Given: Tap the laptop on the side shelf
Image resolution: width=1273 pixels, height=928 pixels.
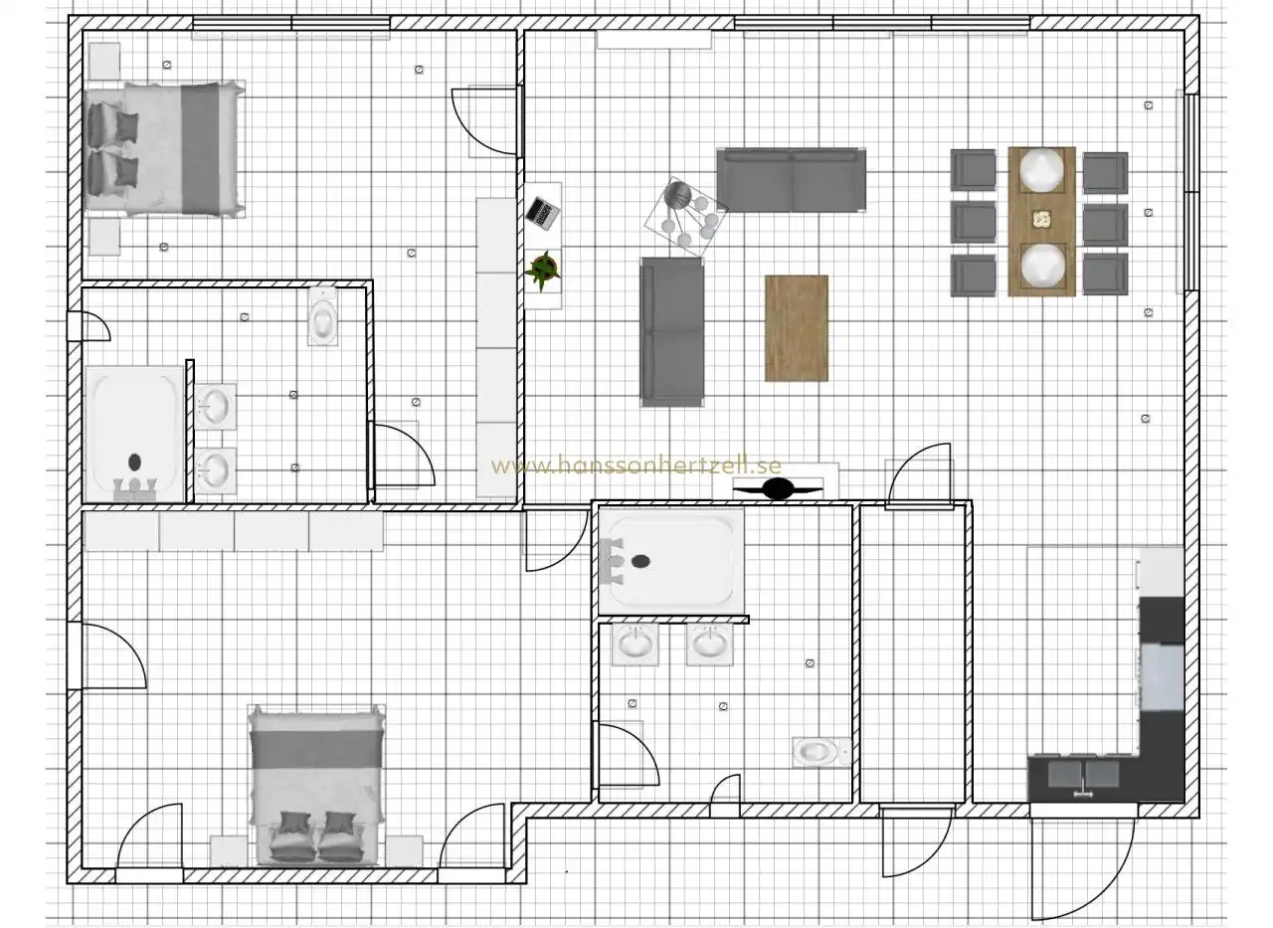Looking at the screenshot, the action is click(542, 213).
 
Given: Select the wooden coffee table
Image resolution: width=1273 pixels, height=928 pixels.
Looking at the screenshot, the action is click(797, 328).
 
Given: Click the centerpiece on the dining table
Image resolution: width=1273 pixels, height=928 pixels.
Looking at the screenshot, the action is click(1041, 220).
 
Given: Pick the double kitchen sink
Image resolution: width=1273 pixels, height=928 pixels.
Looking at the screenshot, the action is click(1083, 775).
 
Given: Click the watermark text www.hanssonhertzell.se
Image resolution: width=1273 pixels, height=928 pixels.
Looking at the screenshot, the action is click(636, 465).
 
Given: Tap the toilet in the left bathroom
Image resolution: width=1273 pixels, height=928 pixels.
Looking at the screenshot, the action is click(323, 316).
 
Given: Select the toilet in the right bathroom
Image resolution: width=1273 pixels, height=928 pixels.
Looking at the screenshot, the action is click(820, 752).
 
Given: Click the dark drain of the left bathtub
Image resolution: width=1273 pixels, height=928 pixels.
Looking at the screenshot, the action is click(134, 463).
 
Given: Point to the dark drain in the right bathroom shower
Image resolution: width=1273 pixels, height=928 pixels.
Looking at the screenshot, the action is click(640, 561).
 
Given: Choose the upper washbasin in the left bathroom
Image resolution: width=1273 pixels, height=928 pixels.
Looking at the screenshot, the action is click(216, 407).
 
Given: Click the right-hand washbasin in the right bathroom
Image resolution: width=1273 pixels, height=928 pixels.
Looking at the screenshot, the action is click(709, 644).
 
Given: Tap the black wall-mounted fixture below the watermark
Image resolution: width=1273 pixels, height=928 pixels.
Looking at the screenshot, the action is click(778, 488).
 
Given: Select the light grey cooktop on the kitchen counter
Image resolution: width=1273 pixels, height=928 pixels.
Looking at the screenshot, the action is click(1162, 676).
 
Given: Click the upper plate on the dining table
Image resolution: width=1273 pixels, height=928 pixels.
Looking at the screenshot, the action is click(1041, 170).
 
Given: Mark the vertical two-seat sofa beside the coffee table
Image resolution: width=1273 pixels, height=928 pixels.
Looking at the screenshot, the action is click(672, 332).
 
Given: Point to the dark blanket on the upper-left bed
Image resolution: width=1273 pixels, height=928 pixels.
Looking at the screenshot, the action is click(200, 149).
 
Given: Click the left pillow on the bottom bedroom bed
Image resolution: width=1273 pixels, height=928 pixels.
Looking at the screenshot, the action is click(293, 835).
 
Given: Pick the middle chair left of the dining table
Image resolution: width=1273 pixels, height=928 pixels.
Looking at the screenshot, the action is click(973, 222).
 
